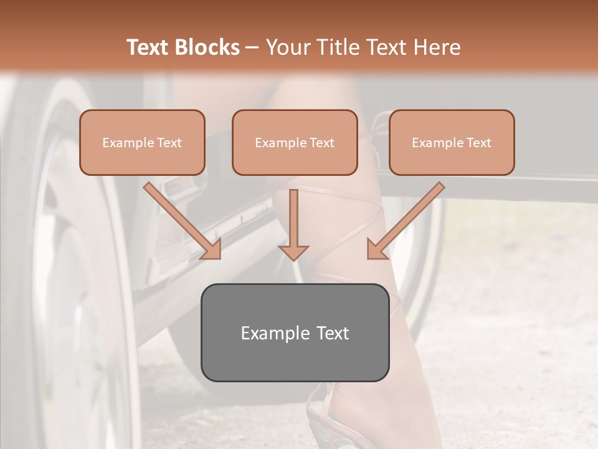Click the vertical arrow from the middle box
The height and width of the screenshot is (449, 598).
coord(293,218)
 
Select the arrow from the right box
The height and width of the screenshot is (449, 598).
coord(408,218)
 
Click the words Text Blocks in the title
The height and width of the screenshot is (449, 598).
coord(183,47)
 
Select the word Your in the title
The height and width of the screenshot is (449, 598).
coord(287,47)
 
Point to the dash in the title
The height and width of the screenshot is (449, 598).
coord(252,47)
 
